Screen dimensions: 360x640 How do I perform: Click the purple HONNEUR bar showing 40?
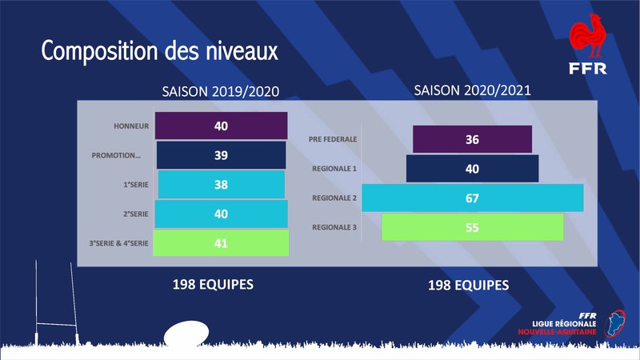(221, 126)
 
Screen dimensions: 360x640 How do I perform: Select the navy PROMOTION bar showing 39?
(221, 154)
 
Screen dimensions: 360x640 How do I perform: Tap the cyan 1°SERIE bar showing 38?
(221, 184)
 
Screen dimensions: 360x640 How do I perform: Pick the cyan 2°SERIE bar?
(221, 214)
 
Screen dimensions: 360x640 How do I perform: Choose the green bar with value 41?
(221, 242)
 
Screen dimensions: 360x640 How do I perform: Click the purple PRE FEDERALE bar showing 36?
(472, 139)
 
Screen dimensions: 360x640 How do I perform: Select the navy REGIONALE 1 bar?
(472, 169)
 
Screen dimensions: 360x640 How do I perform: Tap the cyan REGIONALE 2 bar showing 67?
(472, 198)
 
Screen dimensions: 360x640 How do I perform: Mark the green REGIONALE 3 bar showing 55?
(472, 227)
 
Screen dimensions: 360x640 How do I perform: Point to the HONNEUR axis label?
(132, 126)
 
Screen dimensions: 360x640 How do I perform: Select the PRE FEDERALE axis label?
(332, 139)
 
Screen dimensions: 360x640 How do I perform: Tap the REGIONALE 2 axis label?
(334, 198)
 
